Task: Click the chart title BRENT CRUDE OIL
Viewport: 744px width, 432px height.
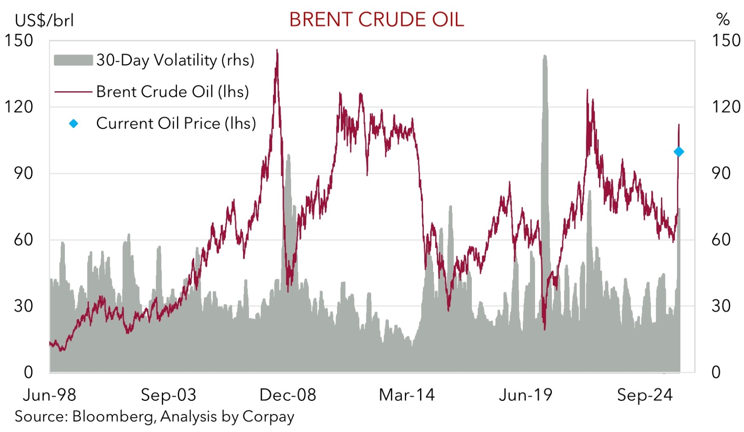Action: pos(376,20)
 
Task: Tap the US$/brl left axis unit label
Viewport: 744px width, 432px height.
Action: pos(44,20)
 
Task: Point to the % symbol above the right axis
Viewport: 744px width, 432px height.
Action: pos(722,19)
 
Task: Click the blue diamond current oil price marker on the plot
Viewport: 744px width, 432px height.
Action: pos(679,152)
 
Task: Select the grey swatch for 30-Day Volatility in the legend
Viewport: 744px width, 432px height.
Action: pos(73,60)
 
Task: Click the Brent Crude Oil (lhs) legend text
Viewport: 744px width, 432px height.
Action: pos(172,92)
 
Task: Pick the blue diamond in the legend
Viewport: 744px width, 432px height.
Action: pos(74,124)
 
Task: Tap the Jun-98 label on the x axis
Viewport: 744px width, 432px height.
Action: pos(49,395)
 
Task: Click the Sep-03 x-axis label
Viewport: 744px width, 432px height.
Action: pos(168,395)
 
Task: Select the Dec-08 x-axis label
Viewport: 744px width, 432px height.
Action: pos(288,395)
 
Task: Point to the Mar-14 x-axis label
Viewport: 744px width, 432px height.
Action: pos(407,395)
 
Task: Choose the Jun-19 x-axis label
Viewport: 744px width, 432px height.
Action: pos(526,395)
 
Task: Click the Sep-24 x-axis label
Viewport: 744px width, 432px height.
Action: pos(645,395)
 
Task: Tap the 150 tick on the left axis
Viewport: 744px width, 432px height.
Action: pos(19,41)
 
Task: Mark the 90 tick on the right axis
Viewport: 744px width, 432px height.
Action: pos(721,173)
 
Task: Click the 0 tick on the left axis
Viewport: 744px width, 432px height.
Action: pos(28,372)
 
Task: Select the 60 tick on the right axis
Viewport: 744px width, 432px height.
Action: pos(721,240)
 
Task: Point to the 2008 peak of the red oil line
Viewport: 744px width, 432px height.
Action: pos(277,50)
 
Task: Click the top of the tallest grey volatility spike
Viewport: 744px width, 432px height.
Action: pos(545,56)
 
